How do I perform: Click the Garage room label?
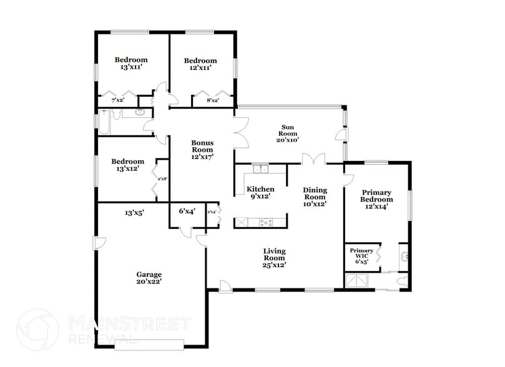(x=149, y=278)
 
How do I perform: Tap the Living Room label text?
(x=274, y=258)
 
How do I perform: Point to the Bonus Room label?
(x=202, y=150)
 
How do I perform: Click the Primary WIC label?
(x=361, y=256)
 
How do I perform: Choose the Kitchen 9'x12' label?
(x=260, y=193)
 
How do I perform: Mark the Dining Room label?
(x=315, y=197)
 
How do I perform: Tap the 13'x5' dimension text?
(x=134, y=213)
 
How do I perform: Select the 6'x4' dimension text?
(x=187, y=212)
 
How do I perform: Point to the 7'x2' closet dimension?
(x=117, y=100)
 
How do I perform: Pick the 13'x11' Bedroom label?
(x=131, y=64)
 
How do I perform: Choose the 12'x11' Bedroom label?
(x=200, y=64)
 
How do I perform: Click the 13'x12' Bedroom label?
(x=127, y=165)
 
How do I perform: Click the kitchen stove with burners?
(x=267, y=222)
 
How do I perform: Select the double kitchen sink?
(x=260, y=169)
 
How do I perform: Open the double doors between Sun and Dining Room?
(x=314, y=159)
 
